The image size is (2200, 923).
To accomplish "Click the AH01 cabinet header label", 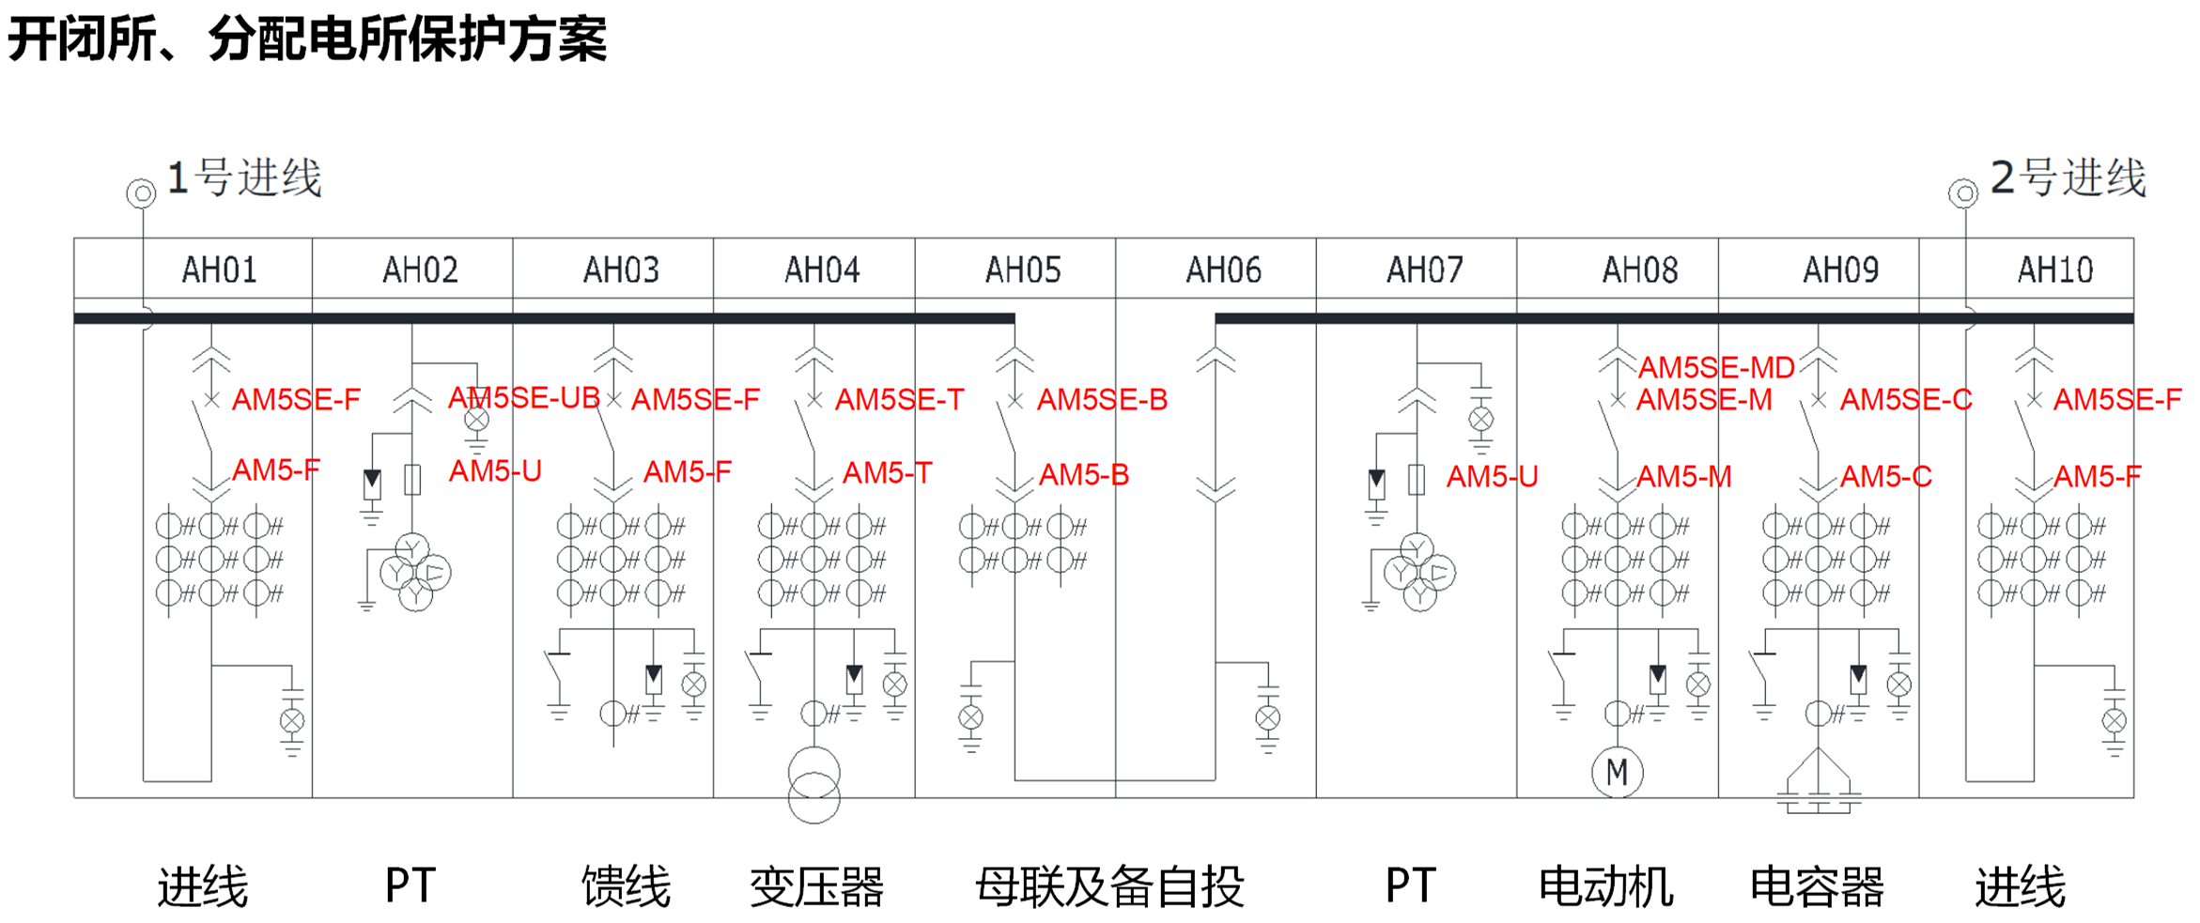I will pos(219,270).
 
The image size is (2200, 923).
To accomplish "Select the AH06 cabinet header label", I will pos(1223,270).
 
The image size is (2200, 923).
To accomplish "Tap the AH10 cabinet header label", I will pos(2055,270).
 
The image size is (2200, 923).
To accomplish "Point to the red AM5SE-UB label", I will pos(524,398).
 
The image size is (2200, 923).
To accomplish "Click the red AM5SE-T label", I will pos(899,400).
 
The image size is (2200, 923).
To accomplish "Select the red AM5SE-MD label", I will pos(1716,367).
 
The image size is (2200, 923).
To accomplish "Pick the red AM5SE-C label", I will pos(1905,400).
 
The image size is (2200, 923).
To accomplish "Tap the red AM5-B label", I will pos(1084,475).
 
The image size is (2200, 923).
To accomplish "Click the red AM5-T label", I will pos(887,473).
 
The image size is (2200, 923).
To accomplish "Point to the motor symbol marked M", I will pos(1617,773).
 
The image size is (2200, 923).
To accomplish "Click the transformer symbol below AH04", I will pos(813,785).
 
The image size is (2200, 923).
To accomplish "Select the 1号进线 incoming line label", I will pos(244,178).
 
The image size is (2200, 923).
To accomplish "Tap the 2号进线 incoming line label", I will pos(2068,178).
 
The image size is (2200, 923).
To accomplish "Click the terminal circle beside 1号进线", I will pos(141,193).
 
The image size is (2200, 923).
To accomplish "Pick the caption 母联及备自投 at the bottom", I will pos(1109,886).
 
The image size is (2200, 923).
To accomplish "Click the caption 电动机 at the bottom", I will pos(1605,886).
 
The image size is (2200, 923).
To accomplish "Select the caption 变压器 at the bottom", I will pos(816,886).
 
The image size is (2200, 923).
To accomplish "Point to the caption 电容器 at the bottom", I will pos(1817,886).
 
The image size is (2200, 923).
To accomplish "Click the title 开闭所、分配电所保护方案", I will pos(307,39).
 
